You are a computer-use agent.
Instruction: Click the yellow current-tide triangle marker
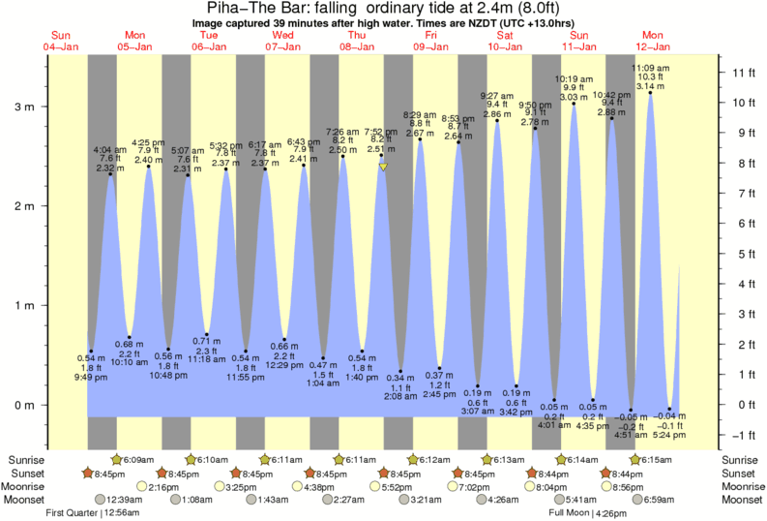[x=383, y=168]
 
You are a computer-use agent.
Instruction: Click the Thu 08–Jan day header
[x=357, y=40]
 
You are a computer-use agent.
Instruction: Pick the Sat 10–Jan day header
[x=505, y=40]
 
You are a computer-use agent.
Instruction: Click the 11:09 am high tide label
[x=650, y=68]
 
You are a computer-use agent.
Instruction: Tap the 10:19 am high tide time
[x=575, y=79]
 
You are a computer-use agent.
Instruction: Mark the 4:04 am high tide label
[x=108, y=150]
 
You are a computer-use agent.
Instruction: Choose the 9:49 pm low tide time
[x=92, y=376]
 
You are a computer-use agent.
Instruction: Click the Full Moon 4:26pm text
[x=586, y=512]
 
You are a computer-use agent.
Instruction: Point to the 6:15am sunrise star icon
[x=634, y=459]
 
